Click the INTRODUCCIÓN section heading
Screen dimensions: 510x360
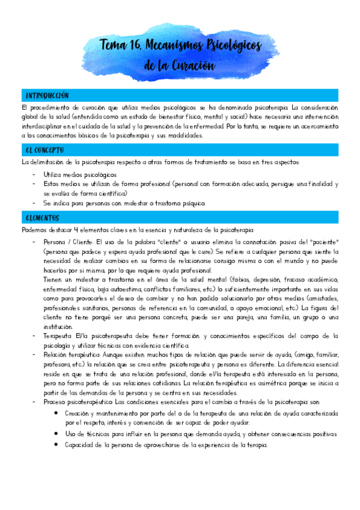47,96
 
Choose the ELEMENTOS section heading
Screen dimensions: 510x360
42,217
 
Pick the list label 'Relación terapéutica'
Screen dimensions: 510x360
76,355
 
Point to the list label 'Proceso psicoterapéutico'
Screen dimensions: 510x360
78,401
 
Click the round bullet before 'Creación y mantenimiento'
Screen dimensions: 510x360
56,413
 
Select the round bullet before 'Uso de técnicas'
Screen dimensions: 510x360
56,434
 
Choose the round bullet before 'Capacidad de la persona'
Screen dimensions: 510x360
56,445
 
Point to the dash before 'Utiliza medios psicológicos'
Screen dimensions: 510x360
35,174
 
